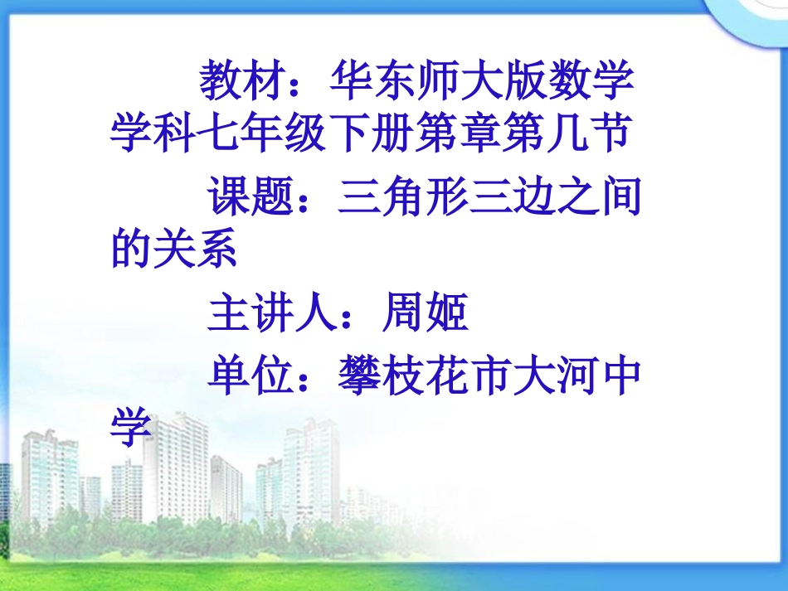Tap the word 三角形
(404, 200)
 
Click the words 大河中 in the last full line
(577, 378)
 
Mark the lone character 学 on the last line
(133, 428)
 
